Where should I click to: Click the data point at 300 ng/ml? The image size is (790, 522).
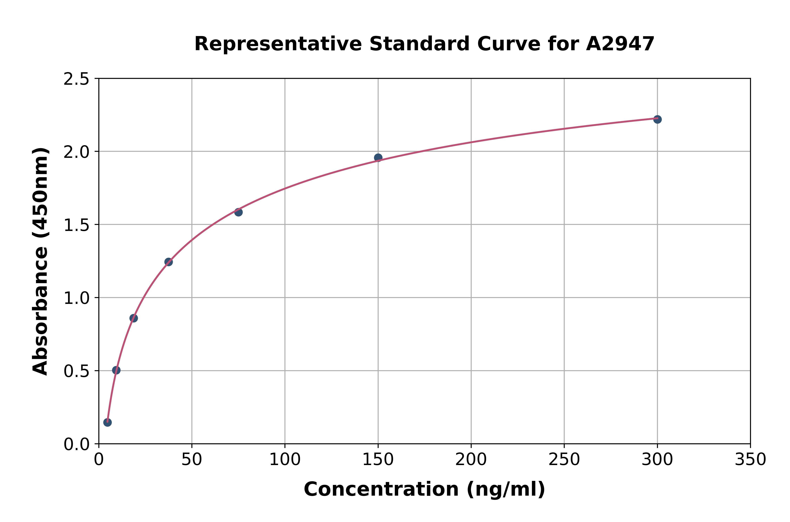click(657, 119)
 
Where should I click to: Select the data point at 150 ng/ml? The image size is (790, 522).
click(378, 157)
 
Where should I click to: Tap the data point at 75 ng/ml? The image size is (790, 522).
click(238, 212)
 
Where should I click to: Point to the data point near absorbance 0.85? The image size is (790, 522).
click(134, 318)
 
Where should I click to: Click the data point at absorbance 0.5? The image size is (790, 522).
click(116, 370)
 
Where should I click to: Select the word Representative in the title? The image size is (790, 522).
click(278, 44)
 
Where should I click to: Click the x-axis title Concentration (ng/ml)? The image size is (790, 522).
click(424, 489)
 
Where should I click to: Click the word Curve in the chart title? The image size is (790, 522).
click(509, 44)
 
